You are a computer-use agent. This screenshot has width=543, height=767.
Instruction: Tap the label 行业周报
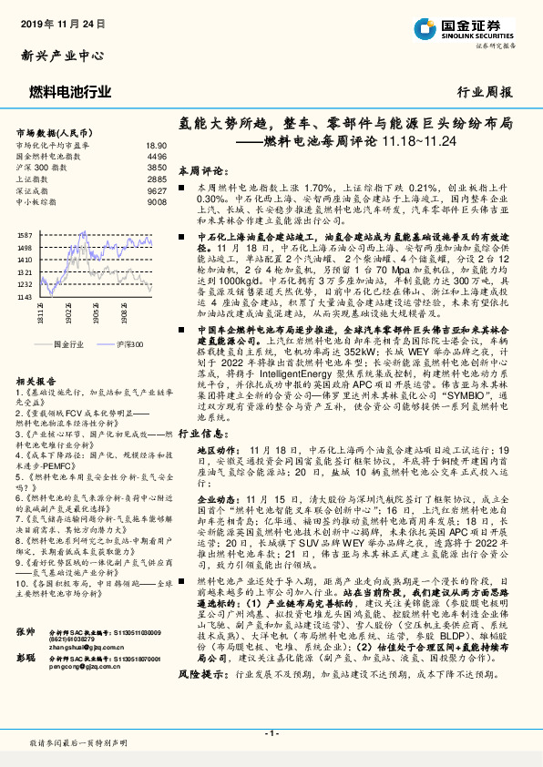pos(484,92)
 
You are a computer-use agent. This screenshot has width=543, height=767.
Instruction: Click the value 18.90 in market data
pos(156,145)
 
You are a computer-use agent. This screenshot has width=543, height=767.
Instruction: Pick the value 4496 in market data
pos(157,157)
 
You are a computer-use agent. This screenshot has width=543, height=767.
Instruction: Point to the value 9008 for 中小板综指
pos(157,203)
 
